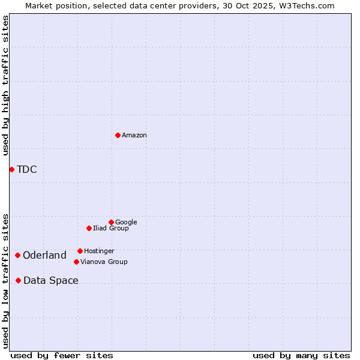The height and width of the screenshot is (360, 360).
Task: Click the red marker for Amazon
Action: [x=118, y=135]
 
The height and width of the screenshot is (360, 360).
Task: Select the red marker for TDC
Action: [x=11, y=169]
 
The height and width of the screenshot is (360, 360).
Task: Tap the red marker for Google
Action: [x=111, y=222]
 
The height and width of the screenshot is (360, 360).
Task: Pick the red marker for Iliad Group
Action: [x=89, y=228]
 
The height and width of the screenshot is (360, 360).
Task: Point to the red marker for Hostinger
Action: [x=80, y=251]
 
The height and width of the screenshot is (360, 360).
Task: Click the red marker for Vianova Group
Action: [x=76, y=262]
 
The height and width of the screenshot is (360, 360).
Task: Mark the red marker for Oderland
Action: [x=17, y=255]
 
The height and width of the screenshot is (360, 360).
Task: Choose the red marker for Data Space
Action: [x=18, y=280]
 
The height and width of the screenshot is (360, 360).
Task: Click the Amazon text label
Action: [x=134, y=136]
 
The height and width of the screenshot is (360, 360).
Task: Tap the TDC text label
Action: [x=27, y=169]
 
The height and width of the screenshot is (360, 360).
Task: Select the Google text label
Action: [x=126, y=222]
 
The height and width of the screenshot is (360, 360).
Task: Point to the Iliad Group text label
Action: [x=111, y=228]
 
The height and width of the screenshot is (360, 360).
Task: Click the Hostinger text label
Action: [x=99, y=251]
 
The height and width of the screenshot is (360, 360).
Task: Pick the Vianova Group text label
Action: [x=104, y=262]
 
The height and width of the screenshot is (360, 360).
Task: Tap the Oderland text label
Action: [x=44, y=255]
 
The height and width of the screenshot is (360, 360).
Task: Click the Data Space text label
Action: [x=51, y=280]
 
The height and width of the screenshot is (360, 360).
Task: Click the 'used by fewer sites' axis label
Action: [x=62, y=355]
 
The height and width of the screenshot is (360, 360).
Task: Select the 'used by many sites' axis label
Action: [x=301, y=355]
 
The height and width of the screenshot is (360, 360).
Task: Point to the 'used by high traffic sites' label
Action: [x=5, y=85]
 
